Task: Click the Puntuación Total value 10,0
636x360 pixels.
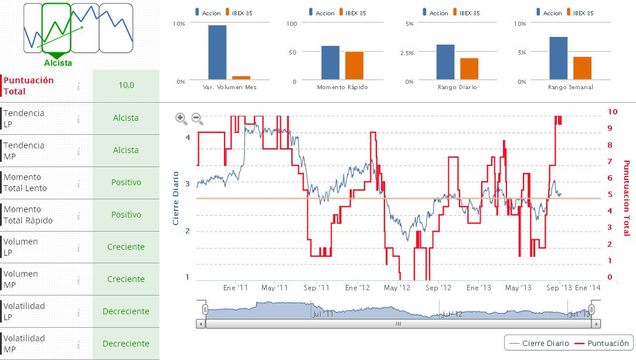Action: click(x=126, y=86)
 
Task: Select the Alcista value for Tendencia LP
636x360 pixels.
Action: click(x=126, y=118)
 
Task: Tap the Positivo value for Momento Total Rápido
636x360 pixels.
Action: click(x=126, y=215)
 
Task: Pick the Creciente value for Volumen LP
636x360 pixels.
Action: click(x=126, y=247)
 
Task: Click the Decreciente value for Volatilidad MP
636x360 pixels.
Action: click(x=126, y=344)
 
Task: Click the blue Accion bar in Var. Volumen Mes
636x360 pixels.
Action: click(x=217, y=52)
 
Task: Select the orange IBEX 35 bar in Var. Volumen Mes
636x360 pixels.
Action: click(x=241, y=77)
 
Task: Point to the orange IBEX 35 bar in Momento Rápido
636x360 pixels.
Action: click(x=354, y=65)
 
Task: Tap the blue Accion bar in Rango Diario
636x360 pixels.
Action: click(x=445, y=62)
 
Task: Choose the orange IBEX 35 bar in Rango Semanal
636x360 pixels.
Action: click(x=582, y=67)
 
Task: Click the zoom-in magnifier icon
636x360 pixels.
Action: click(x=181, y=118)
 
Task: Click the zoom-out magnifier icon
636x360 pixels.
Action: click(x=198, y=118)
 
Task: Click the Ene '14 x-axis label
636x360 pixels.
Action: click(x=588, y=288)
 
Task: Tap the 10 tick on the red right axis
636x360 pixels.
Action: click(x=613, y=111)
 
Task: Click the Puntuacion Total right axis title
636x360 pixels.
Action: click(x=626, y=198)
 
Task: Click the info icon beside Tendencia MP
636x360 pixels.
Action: click(x=78, y=151)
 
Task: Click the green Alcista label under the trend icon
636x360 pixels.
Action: click(x=58, y=63)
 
